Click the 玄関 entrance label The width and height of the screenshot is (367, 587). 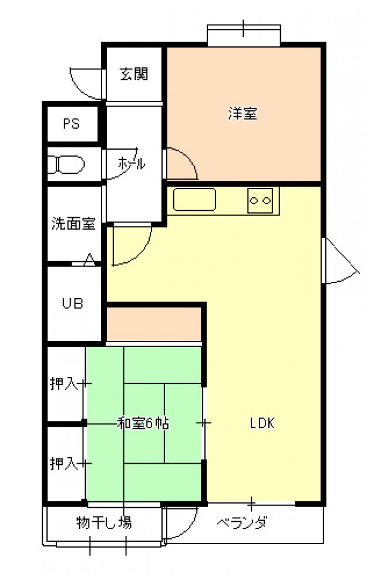[134, 74]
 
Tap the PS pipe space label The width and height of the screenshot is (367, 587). [71, 123]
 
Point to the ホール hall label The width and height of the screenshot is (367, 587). [131, 163]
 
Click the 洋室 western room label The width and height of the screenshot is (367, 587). [243, 113]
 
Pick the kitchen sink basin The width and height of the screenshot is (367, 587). [194, 200]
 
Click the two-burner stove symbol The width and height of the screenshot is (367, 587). [260, 201]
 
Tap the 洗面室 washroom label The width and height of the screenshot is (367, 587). [73, 224]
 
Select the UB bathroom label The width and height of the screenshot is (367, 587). [72, 303]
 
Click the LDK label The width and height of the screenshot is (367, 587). [262, 423]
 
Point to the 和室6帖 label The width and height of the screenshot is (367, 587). [143, 423]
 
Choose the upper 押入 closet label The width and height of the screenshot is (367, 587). [64, 383]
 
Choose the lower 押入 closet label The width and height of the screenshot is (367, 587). [64, 464]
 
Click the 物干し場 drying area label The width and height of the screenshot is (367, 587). [104, 522]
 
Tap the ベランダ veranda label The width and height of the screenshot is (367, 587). [242, 522]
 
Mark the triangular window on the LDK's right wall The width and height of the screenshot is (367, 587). [340, 261]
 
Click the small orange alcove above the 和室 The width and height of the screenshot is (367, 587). [154, 324]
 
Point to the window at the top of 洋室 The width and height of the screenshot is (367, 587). [244, 36]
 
